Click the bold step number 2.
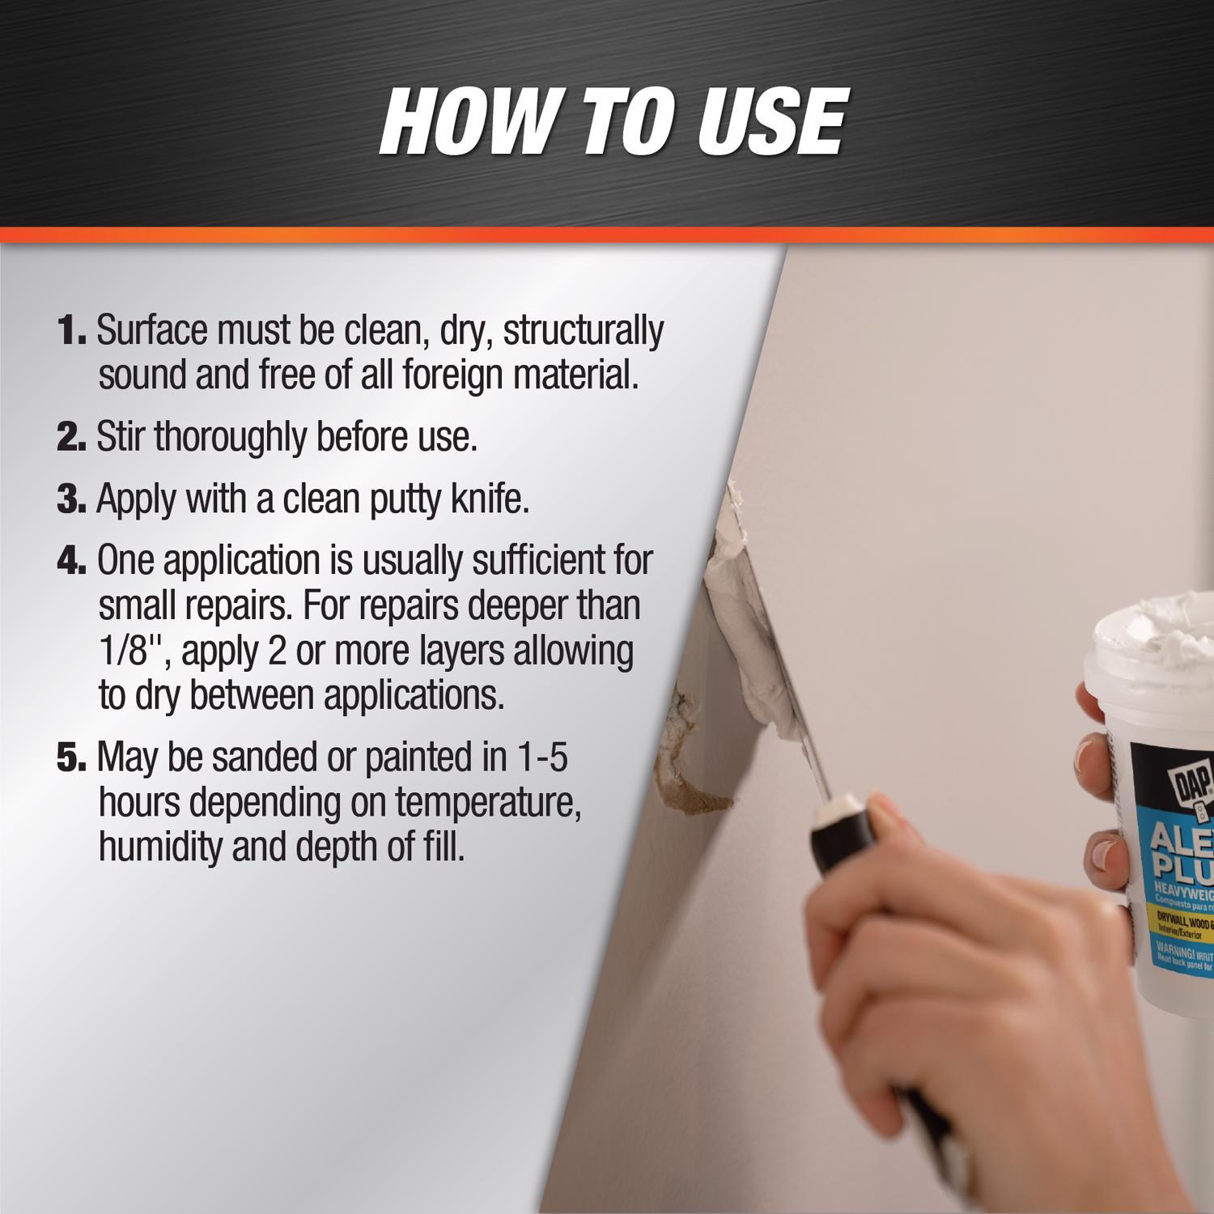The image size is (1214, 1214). [71, 438]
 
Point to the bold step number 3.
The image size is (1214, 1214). [71, 499]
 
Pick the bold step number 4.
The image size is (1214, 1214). [71, 561]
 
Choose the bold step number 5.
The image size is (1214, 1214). [71, 758]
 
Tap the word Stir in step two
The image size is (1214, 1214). [121, 437]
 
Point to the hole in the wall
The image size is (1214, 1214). [688, 761]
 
